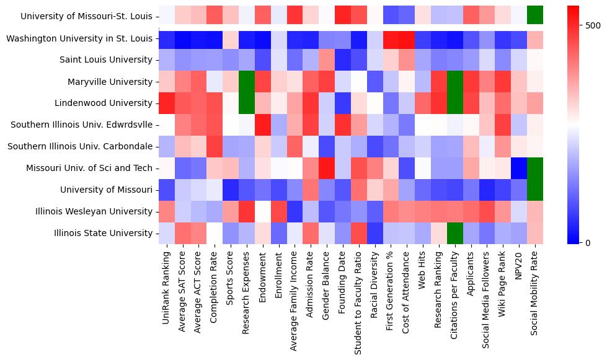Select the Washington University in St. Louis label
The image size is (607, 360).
point(79,38)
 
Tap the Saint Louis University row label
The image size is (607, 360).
point(105,60)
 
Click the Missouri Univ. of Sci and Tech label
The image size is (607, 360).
point(89,168)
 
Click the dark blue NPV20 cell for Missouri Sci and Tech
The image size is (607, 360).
point(518,168)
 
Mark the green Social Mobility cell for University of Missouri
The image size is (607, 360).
point(534,190)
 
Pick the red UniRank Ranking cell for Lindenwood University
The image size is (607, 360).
point(166,103)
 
